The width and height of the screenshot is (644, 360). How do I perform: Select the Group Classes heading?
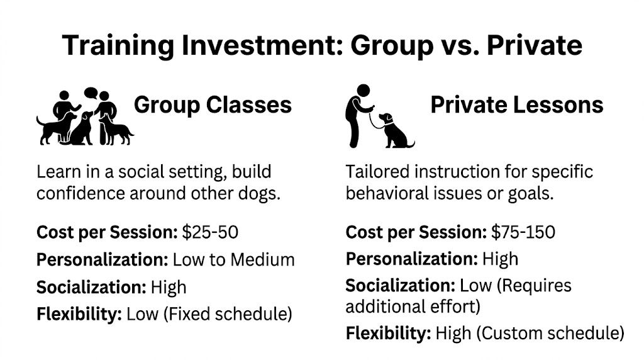[x=213, y=104]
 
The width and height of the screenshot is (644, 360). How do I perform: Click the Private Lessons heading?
[x=516, y=104]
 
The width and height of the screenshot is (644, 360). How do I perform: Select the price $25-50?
[x=210, y=232]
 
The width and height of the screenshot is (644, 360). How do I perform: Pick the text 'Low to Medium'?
[x=233, y=260]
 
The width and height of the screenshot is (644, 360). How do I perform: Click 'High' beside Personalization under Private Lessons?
[x=500, y=259]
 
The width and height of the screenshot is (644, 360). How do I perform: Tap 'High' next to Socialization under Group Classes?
[x=169, y=288]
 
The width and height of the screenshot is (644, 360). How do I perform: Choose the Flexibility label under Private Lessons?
[x=388, y=332]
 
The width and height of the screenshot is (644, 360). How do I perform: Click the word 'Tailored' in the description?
[x=375, y=172]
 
